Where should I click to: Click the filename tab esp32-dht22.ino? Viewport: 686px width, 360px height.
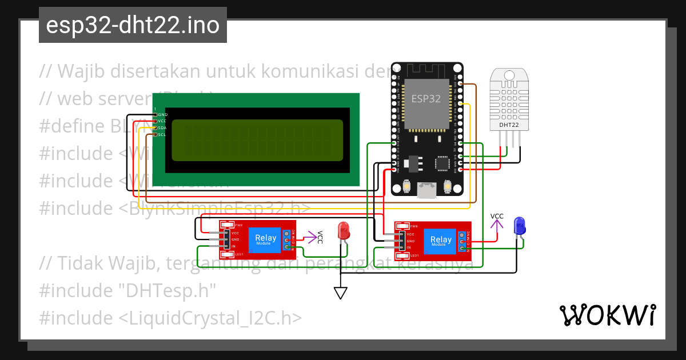133,25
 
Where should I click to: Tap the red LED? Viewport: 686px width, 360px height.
344,231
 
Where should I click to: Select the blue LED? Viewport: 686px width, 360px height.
519,226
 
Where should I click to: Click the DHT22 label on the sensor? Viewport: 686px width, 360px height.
509,125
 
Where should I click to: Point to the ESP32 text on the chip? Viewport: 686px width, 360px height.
426,98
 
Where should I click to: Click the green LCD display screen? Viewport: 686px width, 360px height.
257,141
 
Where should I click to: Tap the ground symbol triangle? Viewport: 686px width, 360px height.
341,293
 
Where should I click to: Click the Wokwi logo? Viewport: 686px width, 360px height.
607,315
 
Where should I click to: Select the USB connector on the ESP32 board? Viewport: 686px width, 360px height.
426,190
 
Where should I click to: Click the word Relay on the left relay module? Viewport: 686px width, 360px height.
266,238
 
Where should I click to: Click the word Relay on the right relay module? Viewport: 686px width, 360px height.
441,239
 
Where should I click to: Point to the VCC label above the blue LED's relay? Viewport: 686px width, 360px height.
497,216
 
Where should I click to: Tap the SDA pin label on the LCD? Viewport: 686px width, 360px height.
162,128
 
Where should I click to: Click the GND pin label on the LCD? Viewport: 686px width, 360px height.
162,115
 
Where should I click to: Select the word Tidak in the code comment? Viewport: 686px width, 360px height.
80,264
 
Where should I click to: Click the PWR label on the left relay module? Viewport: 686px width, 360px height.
239,225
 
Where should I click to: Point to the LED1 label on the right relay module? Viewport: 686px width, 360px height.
414,255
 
